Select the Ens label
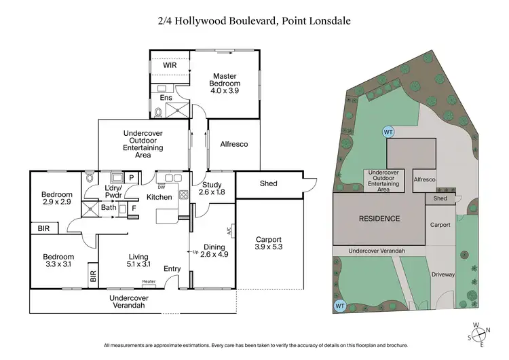tap(166, 98)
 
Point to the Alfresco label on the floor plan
tap(233, 144)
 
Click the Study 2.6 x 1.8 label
tap(212, 187)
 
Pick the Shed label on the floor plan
tap(269, 183)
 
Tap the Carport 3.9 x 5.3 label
tap(269, 243)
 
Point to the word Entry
tap(172, 269)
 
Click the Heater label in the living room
tap(149, 281)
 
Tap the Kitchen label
tap(159, 197)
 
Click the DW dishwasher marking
tap(162, 186)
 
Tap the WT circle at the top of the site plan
tap(388, 132)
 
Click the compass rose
tap(480, 333)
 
